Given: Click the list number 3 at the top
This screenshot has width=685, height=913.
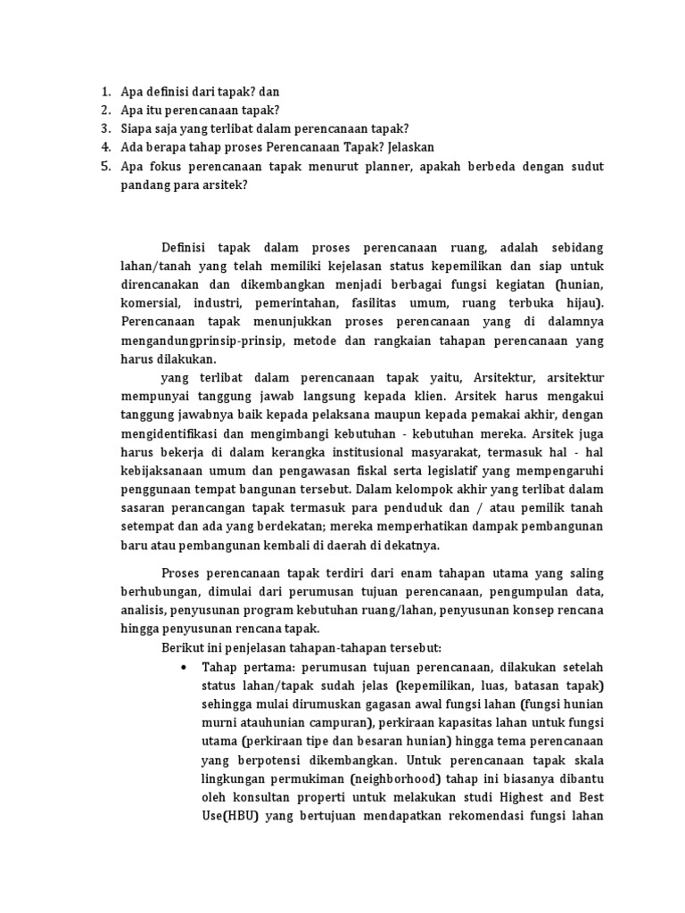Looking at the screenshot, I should (x=105, y=128).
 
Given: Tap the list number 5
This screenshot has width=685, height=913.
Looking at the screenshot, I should (x=105, y=166).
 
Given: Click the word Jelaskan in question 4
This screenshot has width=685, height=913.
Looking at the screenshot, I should (x=406, y=147).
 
